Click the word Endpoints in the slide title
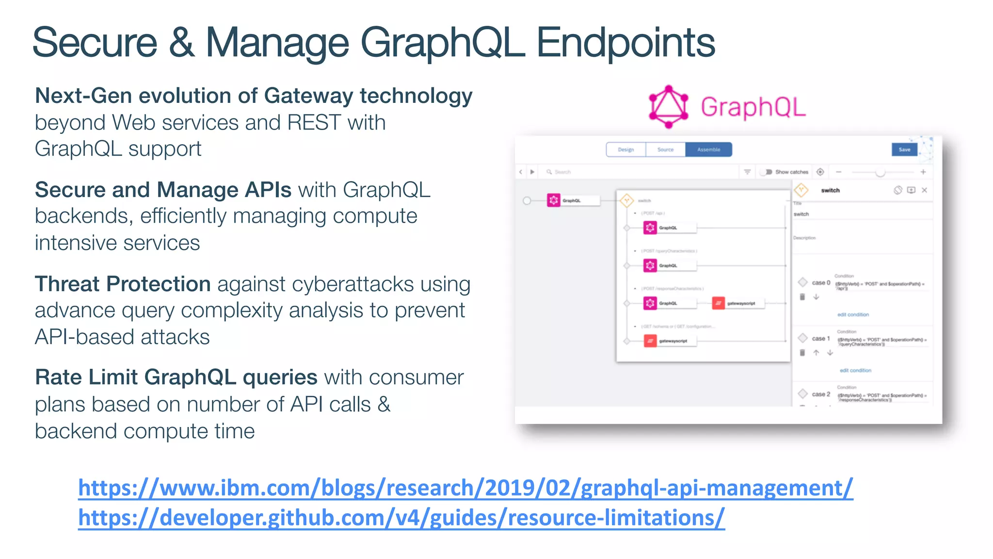coord(625,43)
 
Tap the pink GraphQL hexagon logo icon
coord(669,107)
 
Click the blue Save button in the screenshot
coord(904,149)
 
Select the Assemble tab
coord(708,149)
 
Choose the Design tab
coord(626,149)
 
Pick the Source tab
coord(665,149)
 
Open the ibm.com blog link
coord(465,488)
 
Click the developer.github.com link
coord(401,518)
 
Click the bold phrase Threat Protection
coord(123,284)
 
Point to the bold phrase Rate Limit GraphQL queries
coord(176,377)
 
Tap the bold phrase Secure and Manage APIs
coord(163,190)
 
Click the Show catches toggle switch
coord(766,172)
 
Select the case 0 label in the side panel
coord(821,282)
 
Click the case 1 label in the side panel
coord(821,338)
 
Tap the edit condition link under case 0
coord(853,314)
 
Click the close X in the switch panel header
coord(924,190)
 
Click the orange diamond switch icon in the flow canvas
coord(626,200)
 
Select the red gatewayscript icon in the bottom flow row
coord(650,341)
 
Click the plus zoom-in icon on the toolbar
coord(923,172)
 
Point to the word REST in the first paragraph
coord(314,123)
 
